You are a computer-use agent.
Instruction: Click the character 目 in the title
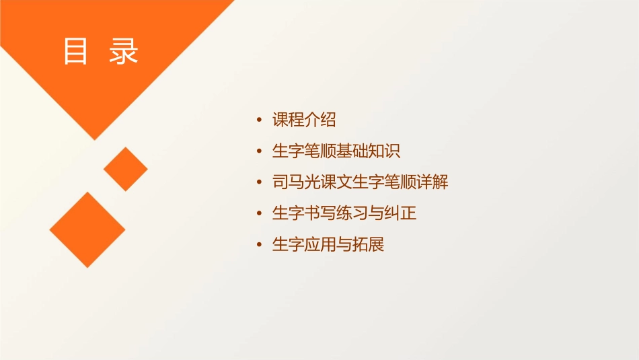(75, 51)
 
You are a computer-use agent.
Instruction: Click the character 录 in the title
(124, 51)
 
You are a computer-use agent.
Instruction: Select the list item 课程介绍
(303, 120)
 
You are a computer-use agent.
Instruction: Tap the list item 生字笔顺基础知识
(336, 151)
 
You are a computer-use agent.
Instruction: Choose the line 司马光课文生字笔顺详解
(360, 182)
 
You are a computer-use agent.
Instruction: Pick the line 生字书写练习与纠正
(344, 213)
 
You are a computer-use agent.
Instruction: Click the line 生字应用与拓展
(328, 244)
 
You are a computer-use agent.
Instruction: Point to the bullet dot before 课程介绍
(260, 121)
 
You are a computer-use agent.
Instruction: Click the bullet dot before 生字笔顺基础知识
(260, 152)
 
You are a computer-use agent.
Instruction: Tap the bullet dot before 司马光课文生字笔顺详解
(260, 183)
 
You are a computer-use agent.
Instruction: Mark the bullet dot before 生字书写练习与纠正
(260, 214)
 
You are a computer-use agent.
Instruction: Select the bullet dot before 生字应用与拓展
(260, 245)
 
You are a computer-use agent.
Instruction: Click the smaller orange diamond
(126, 169)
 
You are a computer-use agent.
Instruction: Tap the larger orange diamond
(87, 229)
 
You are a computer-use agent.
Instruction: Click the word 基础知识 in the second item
(368, 151)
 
